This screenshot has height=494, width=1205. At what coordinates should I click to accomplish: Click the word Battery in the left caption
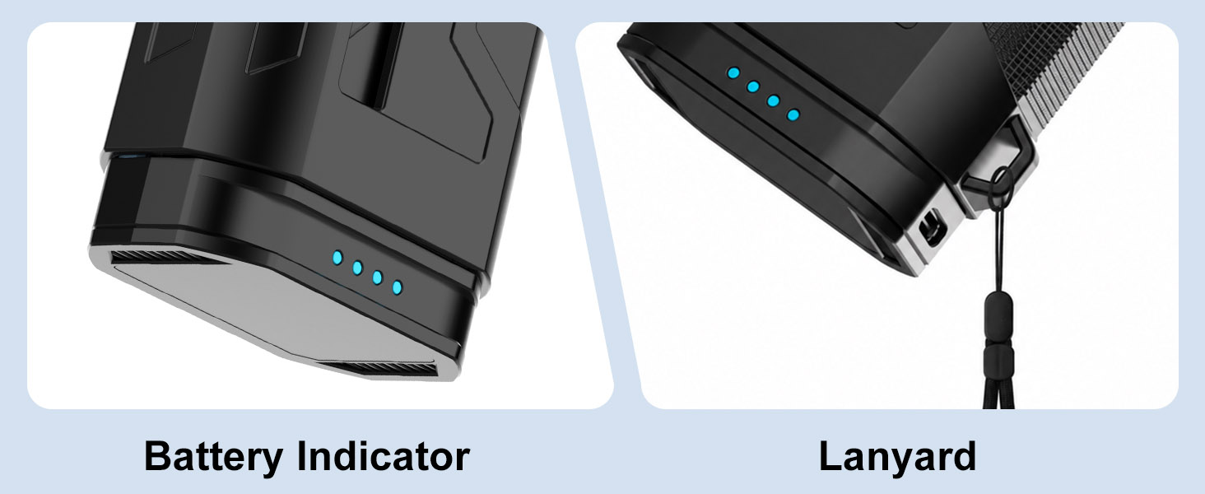213,457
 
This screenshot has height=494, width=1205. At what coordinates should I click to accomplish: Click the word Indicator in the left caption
384,456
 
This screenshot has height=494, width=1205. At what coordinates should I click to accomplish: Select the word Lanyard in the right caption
897,457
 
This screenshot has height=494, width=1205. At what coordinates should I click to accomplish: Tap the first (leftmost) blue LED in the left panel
337,258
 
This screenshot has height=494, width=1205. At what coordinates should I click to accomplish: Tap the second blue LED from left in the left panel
357,268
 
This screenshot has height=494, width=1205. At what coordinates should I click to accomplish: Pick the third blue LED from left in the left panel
377,277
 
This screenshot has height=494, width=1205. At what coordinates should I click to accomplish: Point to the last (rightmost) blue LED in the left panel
397,287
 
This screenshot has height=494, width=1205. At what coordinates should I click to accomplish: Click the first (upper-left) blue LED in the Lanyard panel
733,72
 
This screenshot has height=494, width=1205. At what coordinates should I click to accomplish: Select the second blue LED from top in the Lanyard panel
753,86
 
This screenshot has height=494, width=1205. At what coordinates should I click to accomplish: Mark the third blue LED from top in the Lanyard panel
773,100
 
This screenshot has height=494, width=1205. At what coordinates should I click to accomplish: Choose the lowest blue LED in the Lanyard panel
793,114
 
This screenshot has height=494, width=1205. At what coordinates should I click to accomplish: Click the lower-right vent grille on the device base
382,369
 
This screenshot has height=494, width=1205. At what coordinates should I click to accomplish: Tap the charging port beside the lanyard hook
932,227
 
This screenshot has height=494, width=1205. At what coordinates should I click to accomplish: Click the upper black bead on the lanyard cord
998,318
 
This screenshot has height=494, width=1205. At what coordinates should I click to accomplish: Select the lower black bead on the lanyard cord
998,361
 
